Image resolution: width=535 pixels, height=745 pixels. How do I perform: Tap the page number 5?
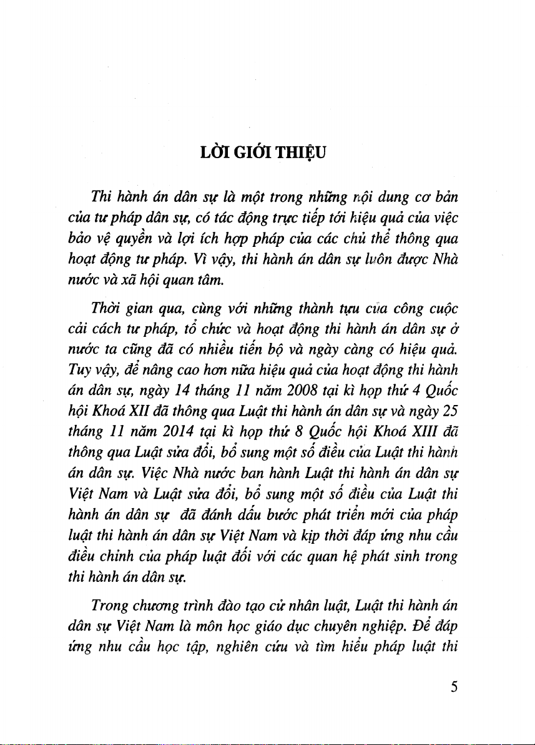click(454, 687)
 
